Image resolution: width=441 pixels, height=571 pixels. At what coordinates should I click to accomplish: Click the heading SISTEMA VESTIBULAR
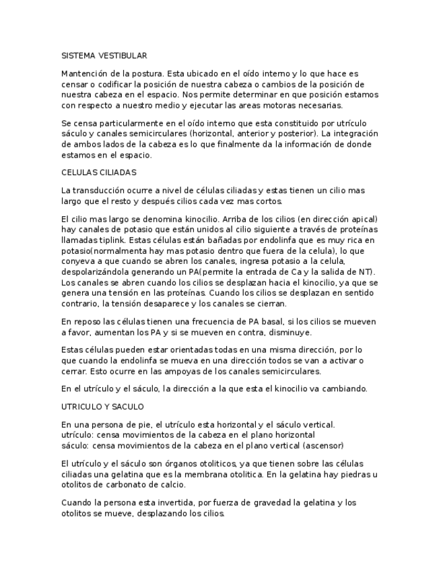(x=104, y=56)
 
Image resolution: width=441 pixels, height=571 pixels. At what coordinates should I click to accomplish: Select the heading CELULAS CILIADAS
(x=98, y=172)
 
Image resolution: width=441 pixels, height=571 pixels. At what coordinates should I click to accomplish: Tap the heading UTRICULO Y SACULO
(x=102, y=407)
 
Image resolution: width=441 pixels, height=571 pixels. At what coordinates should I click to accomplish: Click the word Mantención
(x=83, y=73)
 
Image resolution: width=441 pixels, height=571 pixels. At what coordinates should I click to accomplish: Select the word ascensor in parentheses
(x=325, y=446)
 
